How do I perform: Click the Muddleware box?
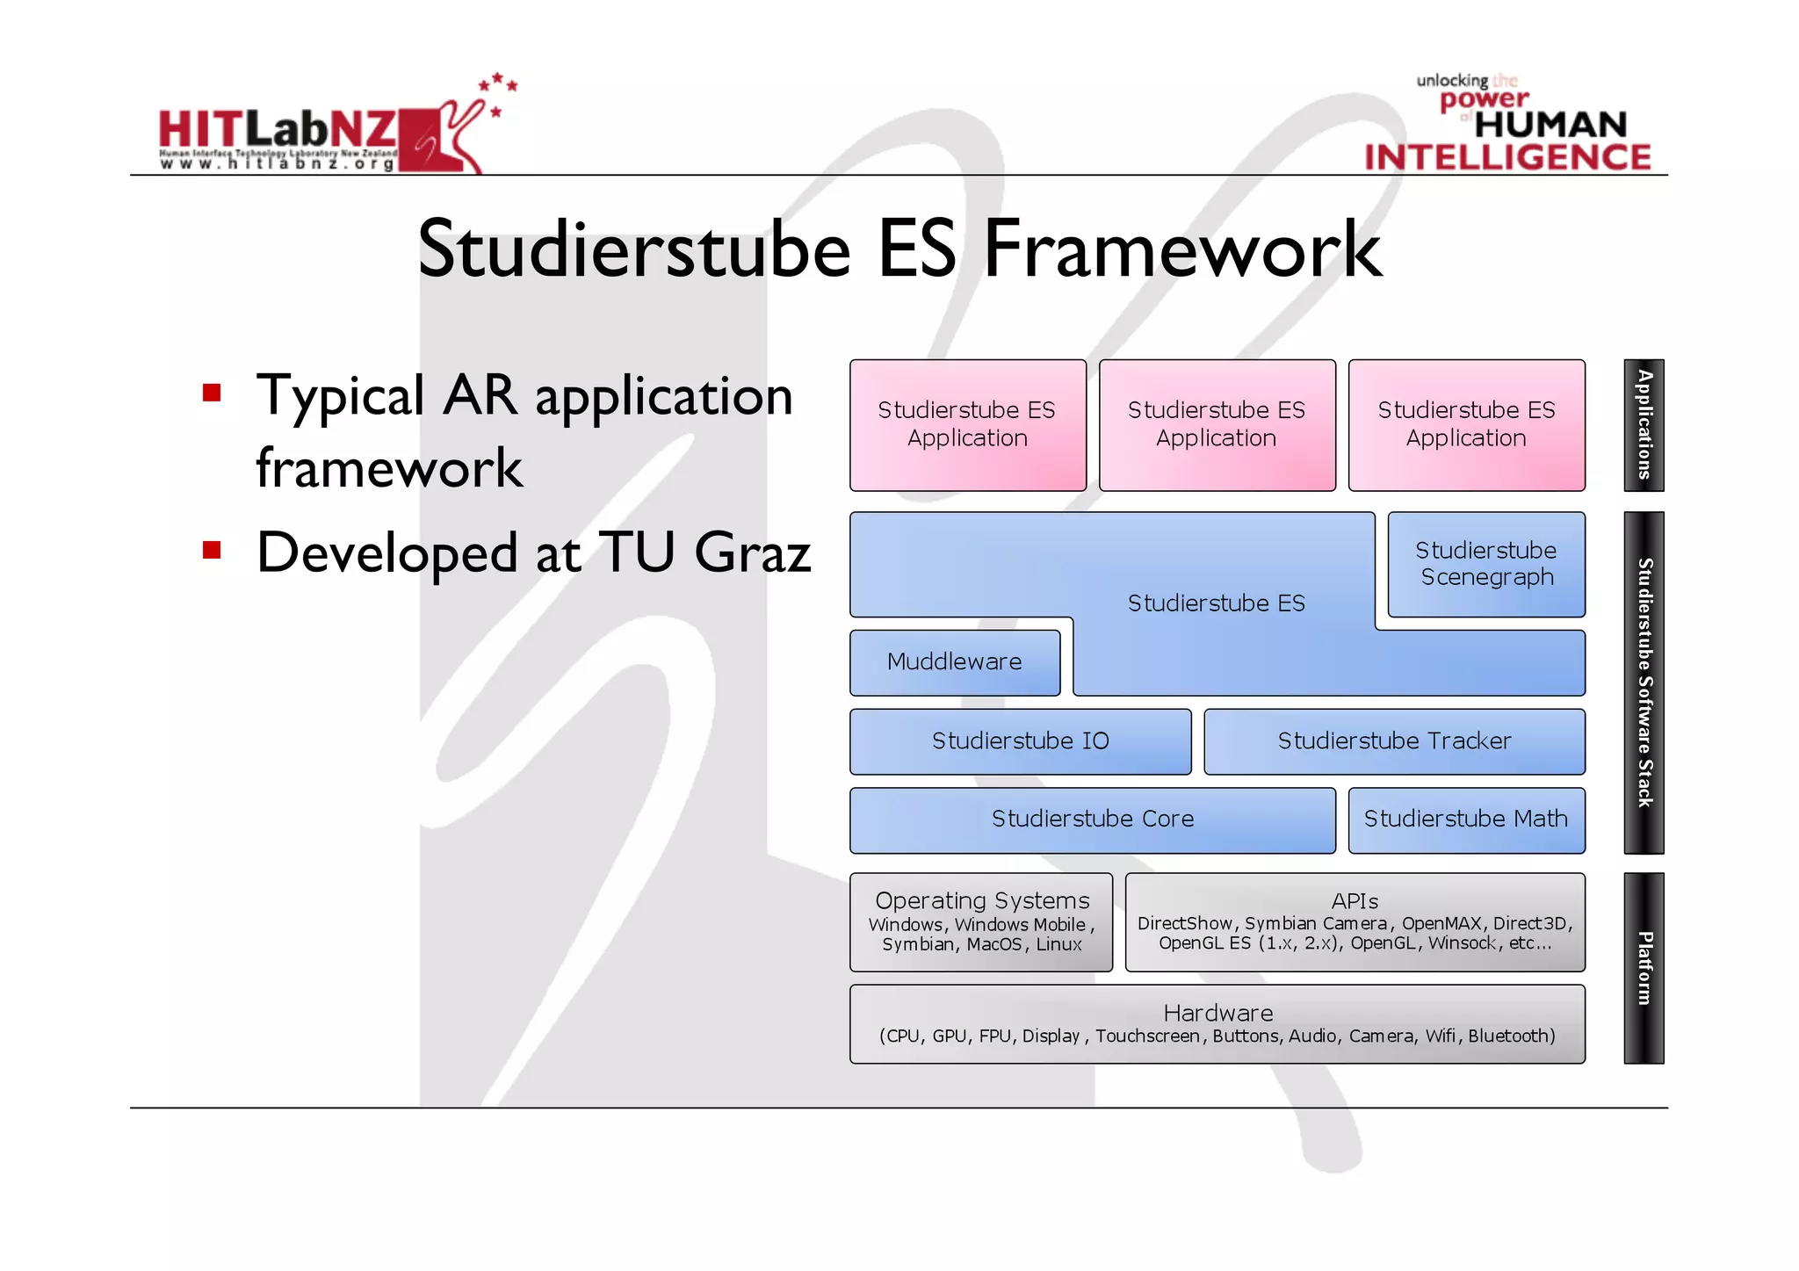[955, 662]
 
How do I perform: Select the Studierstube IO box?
[1020, 741]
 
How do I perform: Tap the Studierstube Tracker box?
[1394, 741]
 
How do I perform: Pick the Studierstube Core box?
[1092, 820]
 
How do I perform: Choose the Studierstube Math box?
[1466, 820]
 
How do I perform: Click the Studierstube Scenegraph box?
[1486, 564]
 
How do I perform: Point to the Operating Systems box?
[981, 921]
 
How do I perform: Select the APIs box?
[1355, 921]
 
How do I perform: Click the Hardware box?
[1217, 1023]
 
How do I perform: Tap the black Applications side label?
[1644, 425]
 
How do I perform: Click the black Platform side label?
[1644, 968]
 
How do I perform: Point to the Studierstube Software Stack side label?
[1644, 682]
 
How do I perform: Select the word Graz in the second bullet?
[753, 553]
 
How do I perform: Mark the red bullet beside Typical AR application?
[212, 392]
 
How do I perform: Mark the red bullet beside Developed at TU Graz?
[212, 550]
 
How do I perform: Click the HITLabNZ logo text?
[278, 130]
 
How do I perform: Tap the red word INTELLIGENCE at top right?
[1507, 157]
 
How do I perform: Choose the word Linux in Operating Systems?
[1058, 945]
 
